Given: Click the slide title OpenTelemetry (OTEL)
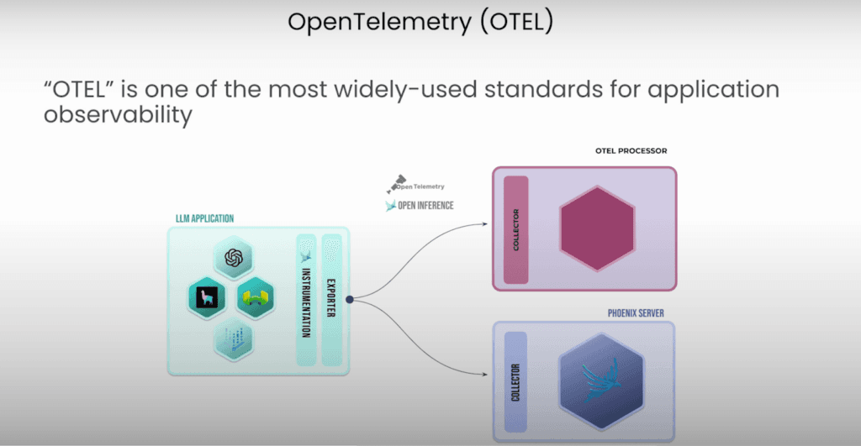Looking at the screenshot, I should (x=420, y=22).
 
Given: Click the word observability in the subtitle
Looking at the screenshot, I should (x=119, y=115).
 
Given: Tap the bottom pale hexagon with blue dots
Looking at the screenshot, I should (x=233, y=339).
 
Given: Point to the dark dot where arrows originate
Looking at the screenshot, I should (x=348, y=298).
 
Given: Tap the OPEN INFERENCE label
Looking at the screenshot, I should (x=425, y=205).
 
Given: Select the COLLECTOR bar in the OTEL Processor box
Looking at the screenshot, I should (x=515, y=228).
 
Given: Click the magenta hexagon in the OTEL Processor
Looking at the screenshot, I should (x=596, y=228).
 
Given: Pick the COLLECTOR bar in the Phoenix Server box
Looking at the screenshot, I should (x=515, y=382).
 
